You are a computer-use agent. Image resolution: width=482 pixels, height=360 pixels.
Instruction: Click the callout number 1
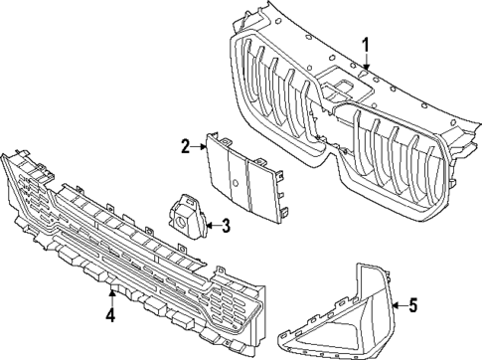click(x=366, y=44)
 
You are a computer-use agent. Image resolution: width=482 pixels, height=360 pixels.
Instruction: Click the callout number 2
click(x=185, y=146)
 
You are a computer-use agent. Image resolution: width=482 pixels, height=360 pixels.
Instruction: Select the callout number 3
click(x=226, y=227)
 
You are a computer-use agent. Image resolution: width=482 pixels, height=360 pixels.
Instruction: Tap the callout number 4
click(x=111, y=316)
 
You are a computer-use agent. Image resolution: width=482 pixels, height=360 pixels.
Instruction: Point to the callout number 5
click(x=414, y=306)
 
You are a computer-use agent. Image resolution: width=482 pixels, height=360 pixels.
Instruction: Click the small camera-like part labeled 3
click(x=185, y=217)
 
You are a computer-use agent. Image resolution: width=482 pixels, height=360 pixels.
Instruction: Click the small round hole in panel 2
click(x=232, y=186)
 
